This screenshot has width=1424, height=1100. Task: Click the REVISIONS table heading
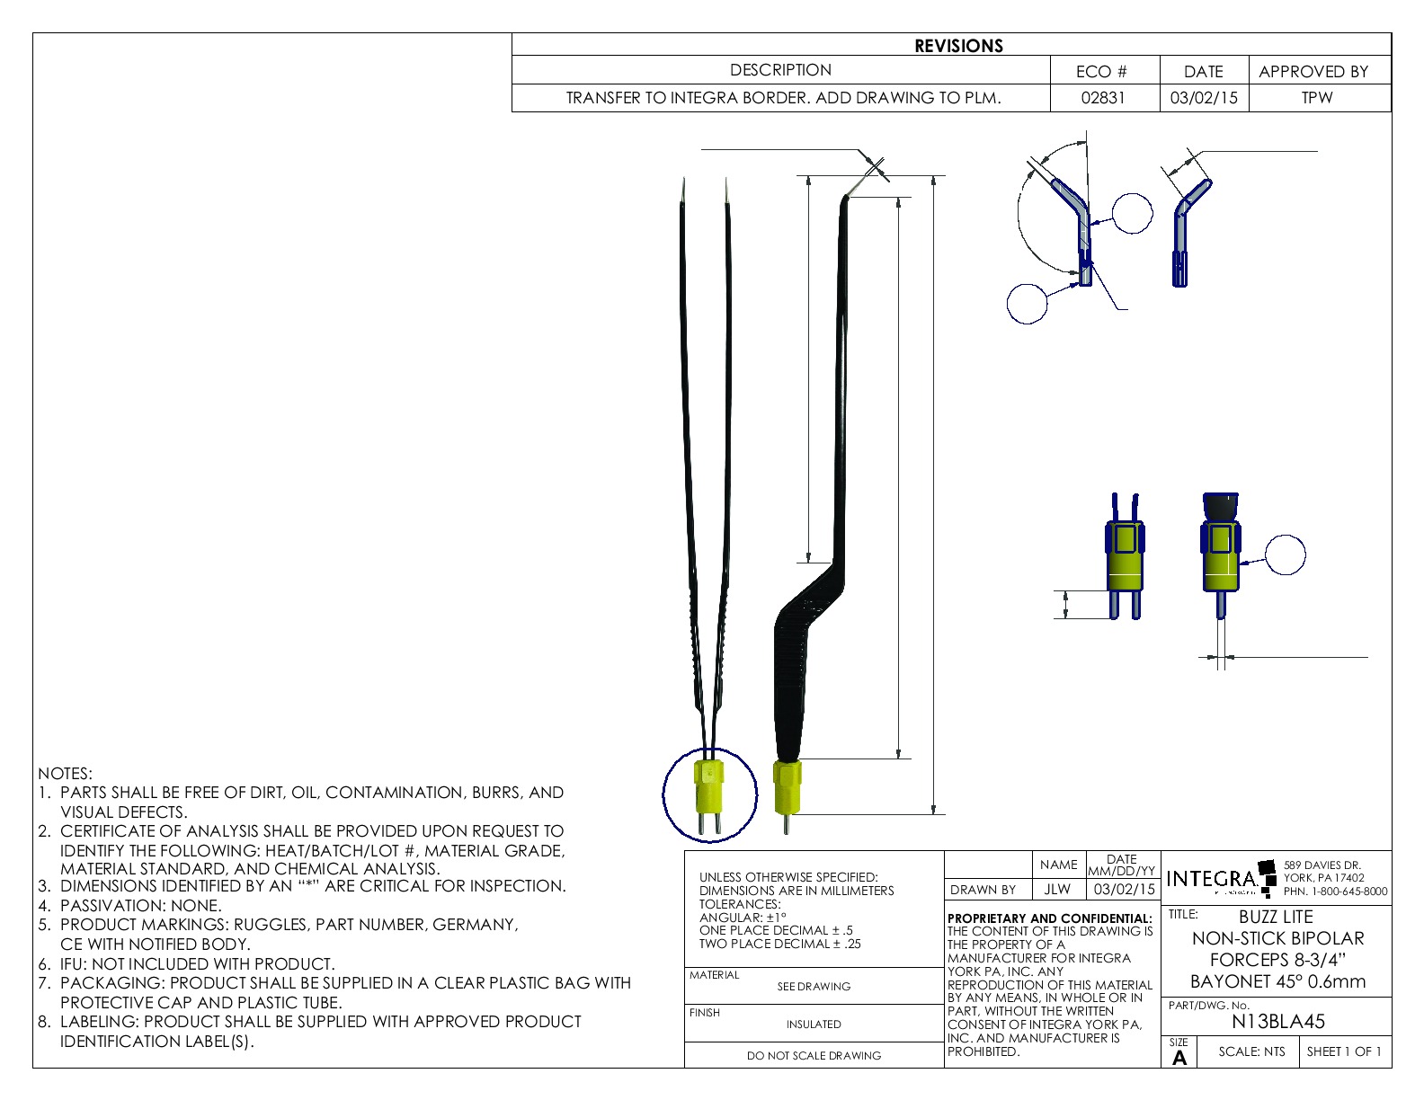point(958,46)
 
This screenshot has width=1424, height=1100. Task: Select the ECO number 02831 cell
point(1103,98)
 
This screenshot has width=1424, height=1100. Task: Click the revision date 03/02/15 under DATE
point(1203,98)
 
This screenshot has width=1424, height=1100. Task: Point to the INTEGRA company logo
point(1213,879)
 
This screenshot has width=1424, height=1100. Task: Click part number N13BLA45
point(1277,1022)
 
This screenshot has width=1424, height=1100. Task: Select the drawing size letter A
point(1179,1058)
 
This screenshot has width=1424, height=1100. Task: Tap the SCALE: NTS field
point(1251,1051)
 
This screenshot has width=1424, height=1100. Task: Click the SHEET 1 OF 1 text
point(1344,1051)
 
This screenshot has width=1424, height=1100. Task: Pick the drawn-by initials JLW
point(1057,890)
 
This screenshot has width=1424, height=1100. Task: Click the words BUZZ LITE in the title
point(1276,918)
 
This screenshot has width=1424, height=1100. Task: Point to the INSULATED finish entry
point(814,1025)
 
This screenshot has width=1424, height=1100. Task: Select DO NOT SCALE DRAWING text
point(814,1056)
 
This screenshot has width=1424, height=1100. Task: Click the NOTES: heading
point(65,774)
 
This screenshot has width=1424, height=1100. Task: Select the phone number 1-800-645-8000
point(1348,892)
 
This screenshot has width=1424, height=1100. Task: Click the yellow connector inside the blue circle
point(709,785)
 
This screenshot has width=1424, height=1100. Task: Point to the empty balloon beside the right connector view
point(1285,554)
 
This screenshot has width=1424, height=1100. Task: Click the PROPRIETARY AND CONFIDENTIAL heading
point(1049,918)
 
